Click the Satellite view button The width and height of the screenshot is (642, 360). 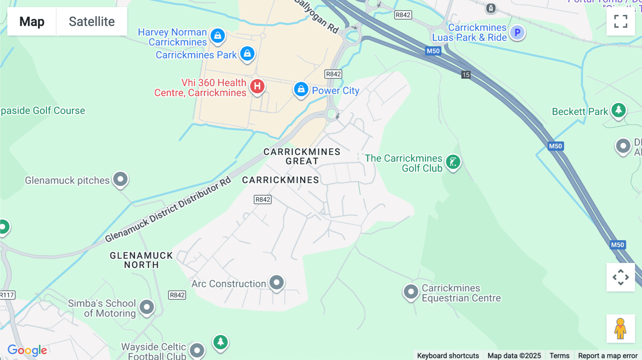point(92,21)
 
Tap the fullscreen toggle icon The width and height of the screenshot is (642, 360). point(621,21)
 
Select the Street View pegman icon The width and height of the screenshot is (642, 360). point(620,329)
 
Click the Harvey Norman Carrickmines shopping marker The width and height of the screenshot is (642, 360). point(218,36)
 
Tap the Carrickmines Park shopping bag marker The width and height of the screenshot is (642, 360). point(247,54)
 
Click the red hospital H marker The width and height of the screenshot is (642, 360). point(257,86)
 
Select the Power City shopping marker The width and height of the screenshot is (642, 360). point(301,89)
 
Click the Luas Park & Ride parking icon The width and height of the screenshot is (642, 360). point(517,33)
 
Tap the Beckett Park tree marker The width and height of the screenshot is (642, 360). point(618,110)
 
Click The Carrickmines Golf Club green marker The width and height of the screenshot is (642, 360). point(453,162)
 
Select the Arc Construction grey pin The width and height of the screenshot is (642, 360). point(276,282)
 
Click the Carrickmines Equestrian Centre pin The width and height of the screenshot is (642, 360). point(411,292)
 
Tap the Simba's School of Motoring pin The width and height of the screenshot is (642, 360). point(147,307)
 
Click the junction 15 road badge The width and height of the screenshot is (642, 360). point(466,75)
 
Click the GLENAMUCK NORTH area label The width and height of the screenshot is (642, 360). point(141,260)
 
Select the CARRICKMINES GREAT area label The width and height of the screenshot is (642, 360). point(302,156)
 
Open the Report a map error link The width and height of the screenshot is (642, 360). point(607,355)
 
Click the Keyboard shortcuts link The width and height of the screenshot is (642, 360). point(448,355)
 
